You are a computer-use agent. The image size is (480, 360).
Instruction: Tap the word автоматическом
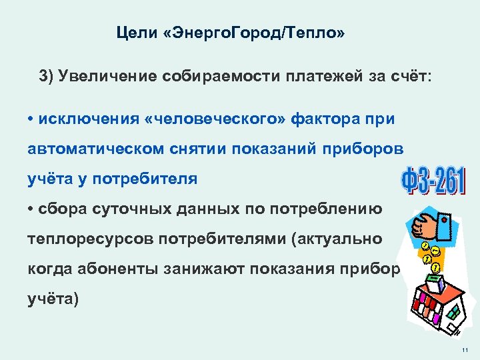(93, 149)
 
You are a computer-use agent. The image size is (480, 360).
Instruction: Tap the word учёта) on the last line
(53, 299)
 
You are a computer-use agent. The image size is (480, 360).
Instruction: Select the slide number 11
(464, 350)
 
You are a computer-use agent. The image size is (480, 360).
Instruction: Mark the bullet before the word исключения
(31, 119)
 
